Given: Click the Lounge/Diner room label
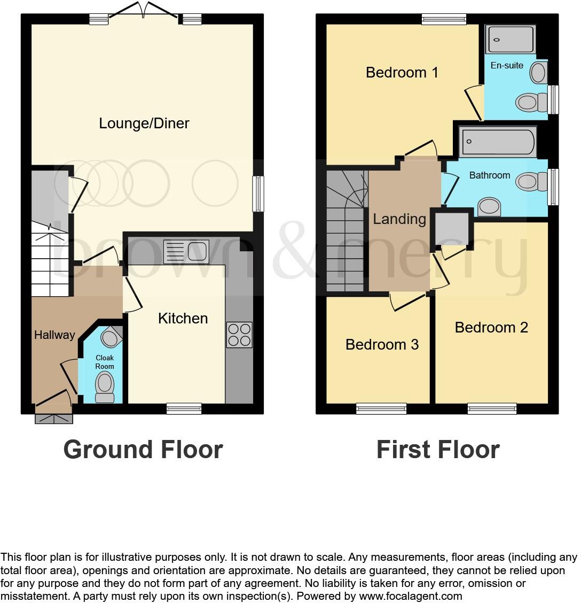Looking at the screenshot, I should tap(144, 123).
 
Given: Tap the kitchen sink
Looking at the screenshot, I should tap(186, 251).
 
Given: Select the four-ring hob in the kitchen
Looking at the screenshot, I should tap(239, 335).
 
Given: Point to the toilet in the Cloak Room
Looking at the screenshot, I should tap(105, 386).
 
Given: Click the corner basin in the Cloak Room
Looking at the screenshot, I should tap(111, 337).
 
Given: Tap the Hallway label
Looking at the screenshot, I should tap(54, 335).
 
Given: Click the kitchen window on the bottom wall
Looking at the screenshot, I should tap(184, 409).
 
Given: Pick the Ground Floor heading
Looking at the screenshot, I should tap(143, 450).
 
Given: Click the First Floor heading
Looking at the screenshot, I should tap(438, 450).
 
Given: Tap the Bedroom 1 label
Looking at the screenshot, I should tap(402, 72).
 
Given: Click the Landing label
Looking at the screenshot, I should tap(399, 219).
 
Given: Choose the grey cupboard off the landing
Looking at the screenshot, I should tap(452, 229).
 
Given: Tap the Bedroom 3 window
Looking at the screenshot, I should tap(381, 409).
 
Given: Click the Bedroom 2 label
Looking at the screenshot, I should tap(491, 327).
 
